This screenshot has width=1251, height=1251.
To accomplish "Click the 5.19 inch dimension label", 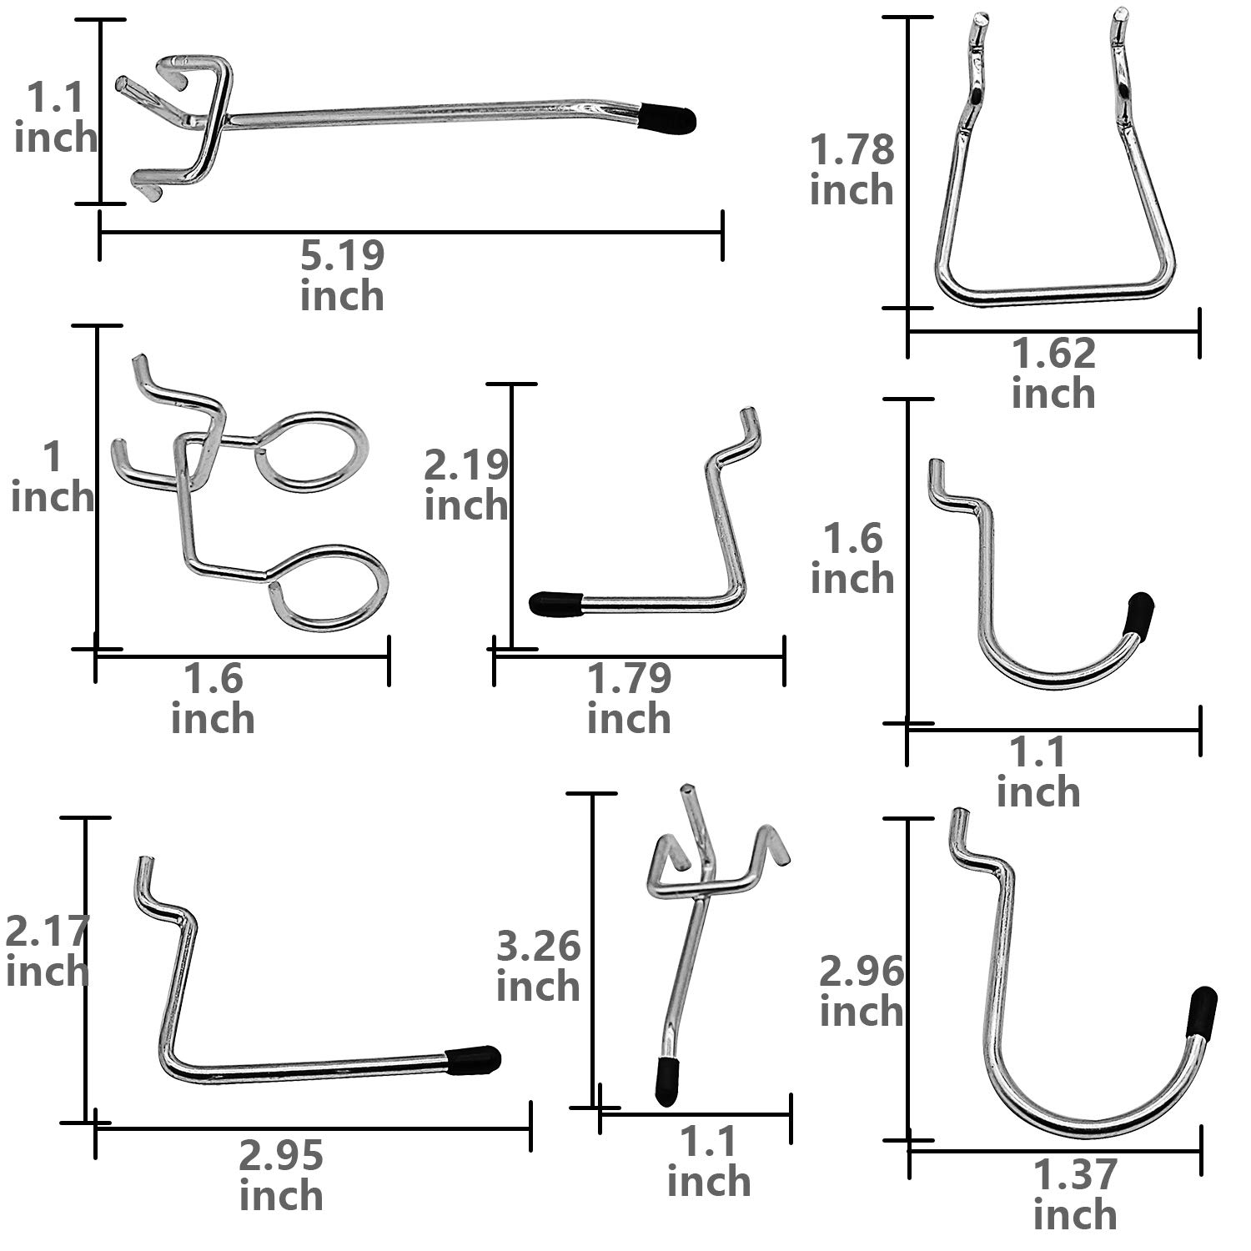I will (343, 276).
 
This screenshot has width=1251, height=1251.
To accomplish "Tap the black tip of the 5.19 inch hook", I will (668, 118).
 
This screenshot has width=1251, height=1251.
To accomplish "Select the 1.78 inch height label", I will (852, 171).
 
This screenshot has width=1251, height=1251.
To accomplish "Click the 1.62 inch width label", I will (1053, 373).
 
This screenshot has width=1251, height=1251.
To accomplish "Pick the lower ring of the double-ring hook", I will (329, 588).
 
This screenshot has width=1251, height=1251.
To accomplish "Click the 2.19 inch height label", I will (466, 485).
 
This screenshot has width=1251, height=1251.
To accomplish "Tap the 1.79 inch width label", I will (629, 698).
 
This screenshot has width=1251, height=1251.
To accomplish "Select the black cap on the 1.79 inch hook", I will (555, 603).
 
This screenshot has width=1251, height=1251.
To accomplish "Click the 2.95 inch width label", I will (281, 1176).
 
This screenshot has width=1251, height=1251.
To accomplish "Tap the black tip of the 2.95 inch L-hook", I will (473, 1060).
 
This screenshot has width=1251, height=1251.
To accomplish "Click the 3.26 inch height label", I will (538, 966).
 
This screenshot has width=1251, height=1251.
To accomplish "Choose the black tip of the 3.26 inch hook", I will (666, 1082).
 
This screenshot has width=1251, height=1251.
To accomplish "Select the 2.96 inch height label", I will (862, 992).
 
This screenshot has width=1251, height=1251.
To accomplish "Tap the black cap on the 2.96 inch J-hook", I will (1203, 1011).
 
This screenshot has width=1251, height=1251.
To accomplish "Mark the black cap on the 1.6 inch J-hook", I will (1138, 615).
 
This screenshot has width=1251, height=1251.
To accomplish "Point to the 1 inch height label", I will (53, 477).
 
